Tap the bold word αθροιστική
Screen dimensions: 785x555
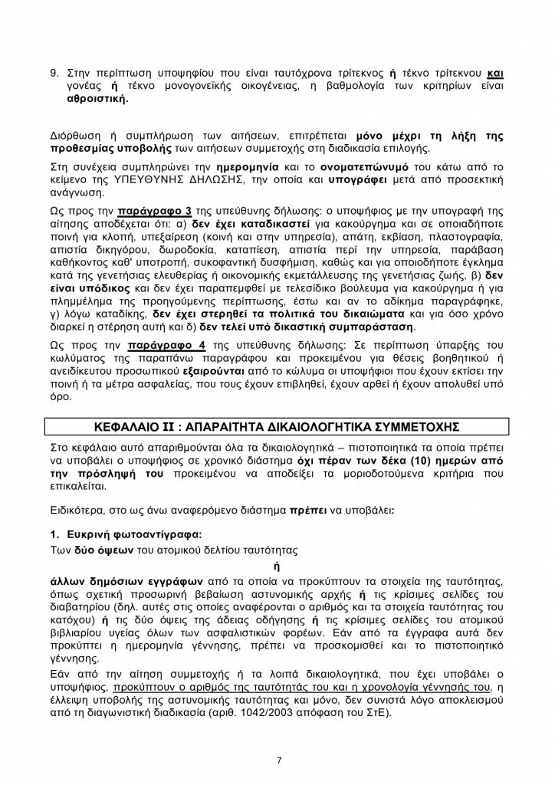[97, 100]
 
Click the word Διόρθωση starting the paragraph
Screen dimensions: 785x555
[75, 136]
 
